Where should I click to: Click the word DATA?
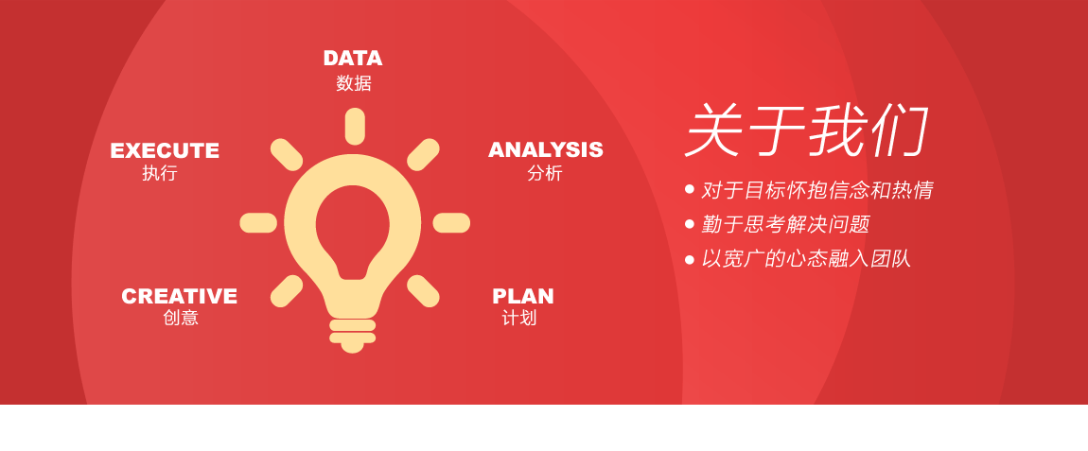[x=352, y=59]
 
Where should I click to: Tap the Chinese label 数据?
[x=354, y=83]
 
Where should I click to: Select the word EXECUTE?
[x=165, y=150]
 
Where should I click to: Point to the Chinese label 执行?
[x=160, y=173]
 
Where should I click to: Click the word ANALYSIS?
[x=545, y=149]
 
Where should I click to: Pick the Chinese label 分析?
[x=545, y=173]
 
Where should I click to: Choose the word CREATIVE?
[x=179, y=296]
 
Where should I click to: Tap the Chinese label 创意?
[x=181, y=318]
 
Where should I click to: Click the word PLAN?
[x=522, y=296]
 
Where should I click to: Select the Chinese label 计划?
[x=519, y=318]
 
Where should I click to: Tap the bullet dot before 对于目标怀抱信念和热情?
[x=690, y=189]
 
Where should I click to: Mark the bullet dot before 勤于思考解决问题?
[x=690, y=224]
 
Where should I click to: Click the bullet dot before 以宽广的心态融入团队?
[x=690, y=259]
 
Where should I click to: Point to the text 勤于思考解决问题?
[x=784, y=225]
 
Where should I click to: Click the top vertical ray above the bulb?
[x=355, y=126]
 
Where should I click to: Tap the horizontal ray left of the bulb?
[x=258, y=223]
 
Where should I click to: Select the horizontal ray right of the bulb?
[x=451, y=223]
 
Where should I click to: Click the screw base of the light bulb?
[x=353, y=335]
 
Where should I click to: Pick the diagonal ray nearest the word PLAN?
[x=423, y=290]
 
